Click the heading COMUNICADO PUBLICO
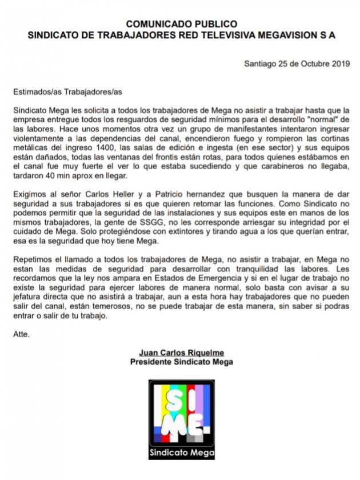tap(181, 24)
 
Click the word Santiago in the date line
tap(261, 63)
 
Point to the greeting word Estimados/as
tap(35, 91)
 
